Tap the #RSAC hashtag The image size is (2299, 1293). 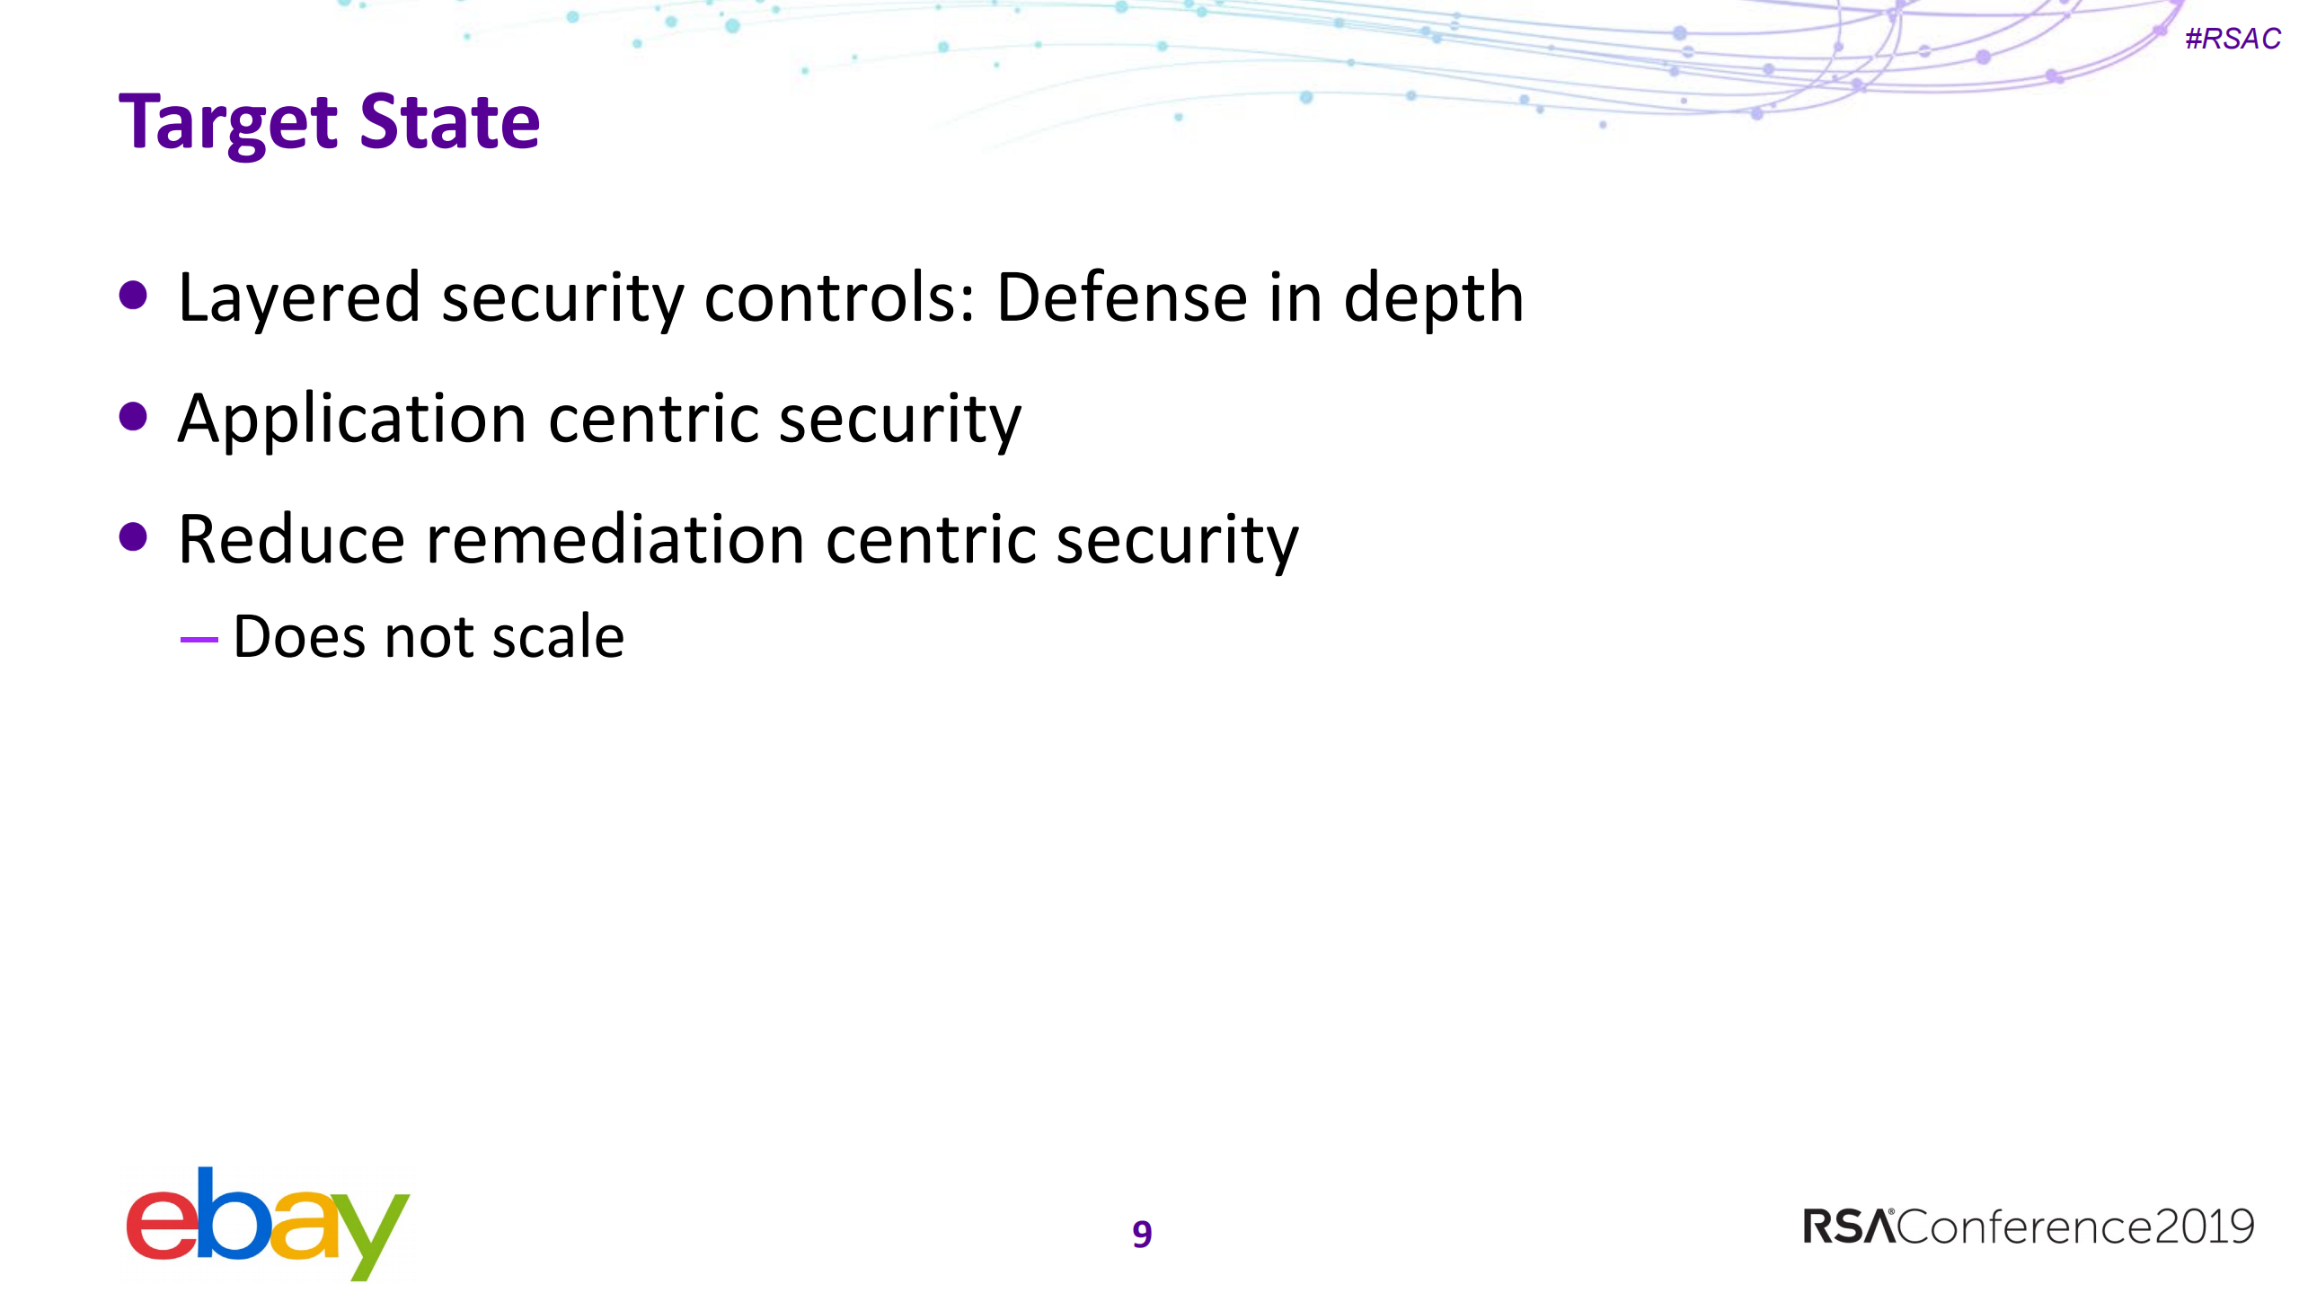(x=2233, y=39)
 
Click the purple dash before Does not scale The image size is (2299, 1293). (x=199, y=640)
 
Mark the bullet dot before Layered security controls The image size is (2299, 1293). (x=133, y=296)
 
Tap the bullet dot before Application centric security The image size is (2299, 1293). (x=133, y=416)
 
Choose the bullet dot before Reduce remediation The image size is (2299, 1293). (x=133, y=536)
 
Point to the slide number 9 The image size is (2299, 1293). (x=1142, y=1234)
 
